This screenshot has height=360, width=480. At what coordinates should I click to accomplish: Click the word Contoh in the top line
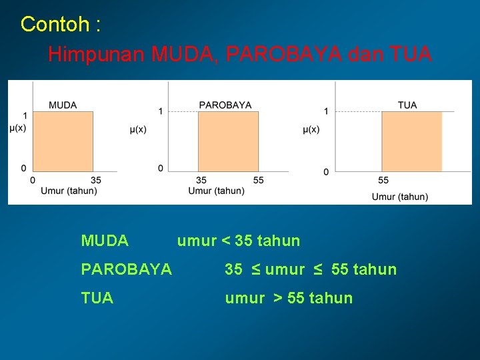pyautogui.click(x=55, y=25)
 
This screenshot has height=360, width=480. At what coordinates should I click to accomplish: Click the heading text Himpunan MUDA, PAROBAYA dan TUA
pyautogui.click(x=239, y=54)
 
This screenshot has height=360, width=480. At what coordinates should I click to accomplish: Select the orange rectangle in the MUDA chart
pyautogui.click(x=63, y=141)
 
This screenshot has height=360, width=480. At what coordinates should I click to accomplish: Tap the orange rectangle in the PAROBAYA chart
pyautogui.click(x=228, y=141)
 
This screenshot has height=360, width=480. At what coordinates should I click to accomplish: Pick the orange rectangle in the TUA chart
pyautogui.click(x=411, y=141)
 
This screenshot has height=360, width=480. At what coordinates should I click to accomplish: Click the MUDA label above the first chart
pyautogui.click(x=63, y=105)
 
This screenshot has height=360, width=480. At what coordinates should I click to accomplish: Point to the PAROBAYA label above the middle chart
pyautogui.click(x=225, y=105)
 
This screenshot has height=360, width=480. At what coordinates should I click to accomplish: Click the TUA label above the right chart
pyautogui.click(x=407, y=105)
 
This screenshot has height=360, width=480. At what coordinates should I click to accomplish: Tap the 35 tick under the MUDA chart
pyautogui.click(x=95, y=180)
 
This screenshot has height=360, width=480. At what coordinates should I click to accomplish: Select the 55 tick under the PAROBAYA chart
pyautogui.click(x=259, y=180)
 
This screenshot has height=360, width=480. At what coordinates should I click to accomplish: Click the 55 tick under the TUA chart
pyautogui.click(x=383, y=180)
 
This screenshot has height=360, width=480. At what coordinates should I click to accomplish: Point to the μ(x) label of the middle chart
pyautogui.click(x=138, y=129)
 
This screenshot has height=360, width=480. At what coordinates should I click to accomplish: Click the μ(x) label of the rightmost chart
pyautogui.click(x=311, y=129)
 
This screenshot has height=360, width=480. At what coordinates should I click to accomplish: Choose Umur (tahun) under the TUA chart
pyautogui.click(x=400, y=196)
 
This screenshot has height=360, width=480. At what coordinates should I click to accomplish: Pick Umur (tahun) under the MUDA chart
pyautogui.click(x=69, y=191)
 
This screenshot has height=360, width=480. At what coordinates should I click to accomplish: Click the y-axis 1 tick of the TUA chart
pyautogui.click(x=326, y=111)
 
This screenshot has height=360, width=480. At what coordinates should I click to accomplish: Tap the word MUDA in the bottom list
pyautogui.click(x=105, y=241)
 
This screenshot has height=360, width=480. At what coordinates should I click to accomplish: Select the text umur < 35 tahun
pyautogui.click(x=238, y=241)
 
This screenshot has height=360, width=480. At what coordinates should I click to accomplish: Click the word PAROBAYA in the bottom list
pyautogui.click(x=126, y=269)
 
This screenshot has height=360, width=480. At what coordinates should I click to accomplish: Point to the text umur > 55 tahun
pyautogui.click(x=289, y=298)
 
